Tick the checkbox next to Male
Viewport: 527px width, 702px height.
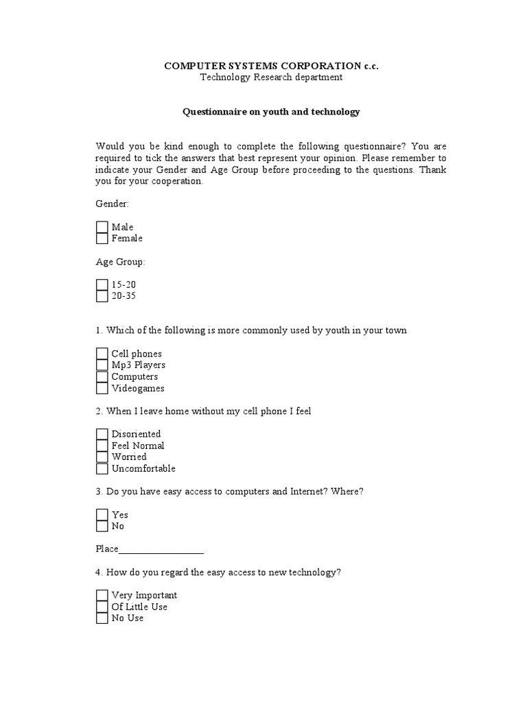(x=102, y=227)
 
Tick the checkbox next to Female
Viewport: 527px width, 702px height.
(x=102, y=239)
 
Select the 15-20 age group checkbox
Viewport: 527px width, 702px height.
(x=102, y=285)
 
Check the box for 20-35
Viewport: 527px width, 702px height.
(x=102, y=296)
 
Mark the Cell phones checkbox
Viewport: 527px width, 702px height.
(x=102, y=354)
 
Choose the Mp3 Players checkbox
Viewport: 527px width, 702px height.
(x=102, y=365)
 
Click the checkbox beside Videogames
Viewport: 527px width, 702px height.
(x=102, y=389)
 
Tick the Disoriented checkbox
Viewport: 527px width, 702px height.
(x=102, y=434)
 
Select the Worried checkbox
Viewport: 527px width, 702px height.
(x=102, y=457)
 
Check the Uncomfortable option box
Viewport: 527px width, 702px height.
(x=102, y=469)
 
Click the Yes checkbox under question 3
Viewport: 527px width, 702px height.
(x=102, y=515)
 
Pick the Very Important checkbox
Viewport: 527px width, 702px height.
(x=102, y=595)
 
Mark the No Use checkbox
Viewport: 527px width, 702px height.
(x=102, y=618)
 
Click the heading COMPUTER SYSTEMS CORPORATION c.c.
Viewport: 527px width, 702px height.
(x=271, y=66)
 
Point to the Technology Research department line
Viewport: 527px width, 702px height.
(x=271, y=77)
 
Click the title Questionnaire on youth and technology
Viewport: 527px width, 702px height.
(x=271, y=112)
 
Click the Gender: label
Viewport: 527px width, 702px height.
(x=113, y=204)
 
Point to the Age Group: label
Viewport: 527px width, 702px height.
(x=121, y=262)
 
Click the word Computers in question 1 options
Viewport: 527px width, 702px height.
(x=134, y=377)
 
